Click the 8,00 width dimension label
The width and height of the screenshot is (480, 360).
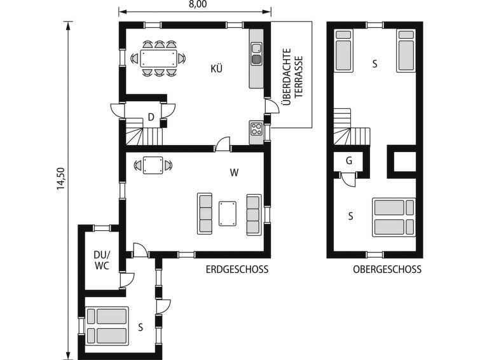pyautogui.click(x=198, y=4)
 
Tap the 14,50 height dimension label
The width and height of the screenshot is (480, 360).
pyautogui.click(x=61, y=178)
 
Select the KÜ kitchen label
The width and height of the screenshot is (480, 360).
pyautogui.click(x=216, y=68)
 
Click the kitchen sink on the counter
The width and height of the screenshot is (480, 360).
pyautogui.click(x=257, y=53)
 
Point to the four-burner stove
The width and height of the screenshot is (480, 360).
pyautogui.click(x=256, y=129)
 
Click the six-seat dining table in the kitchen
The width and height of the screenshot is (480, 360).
pyautogui.click(x=158, y=58)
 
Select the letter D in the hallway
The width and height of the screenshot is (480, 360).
pyautogui.click(x=151, y=117)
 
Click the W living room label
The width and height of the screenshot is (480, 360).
pyautogui.click(x=234, y=173)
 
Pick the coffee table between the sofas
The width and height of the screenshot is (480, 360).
pyautogui.click(x=228, y=214)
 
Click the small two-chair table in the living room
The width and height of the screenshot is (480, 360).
pyautogui.click(x=153, y=165)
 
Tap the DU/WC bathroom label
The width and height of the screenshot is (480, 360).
pyautogui.click(x=102, y=260)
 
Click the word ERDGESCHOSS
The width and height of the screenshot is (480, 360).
pyautogui.click(x=237, y=269)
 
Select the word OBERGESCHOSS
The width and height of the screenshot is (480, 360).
pyautogui.click(x=387, y=269)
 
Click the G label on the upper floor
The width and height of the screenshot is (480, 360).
pyautogui.click(x=349, y=160)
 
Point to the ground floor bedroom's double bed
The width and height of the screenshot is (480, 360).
pyautogui.click(x=107, y=326)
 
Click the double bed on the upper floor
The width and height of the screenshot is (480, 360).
pyautogui.click(x=394, y=218)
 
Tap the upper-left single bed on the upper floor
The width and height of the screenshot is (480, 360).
pyautogui.click(x=343, y=50)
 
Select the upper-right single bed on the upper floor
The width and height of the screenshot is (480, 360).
pyautogui.click(x=406, y=50)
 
